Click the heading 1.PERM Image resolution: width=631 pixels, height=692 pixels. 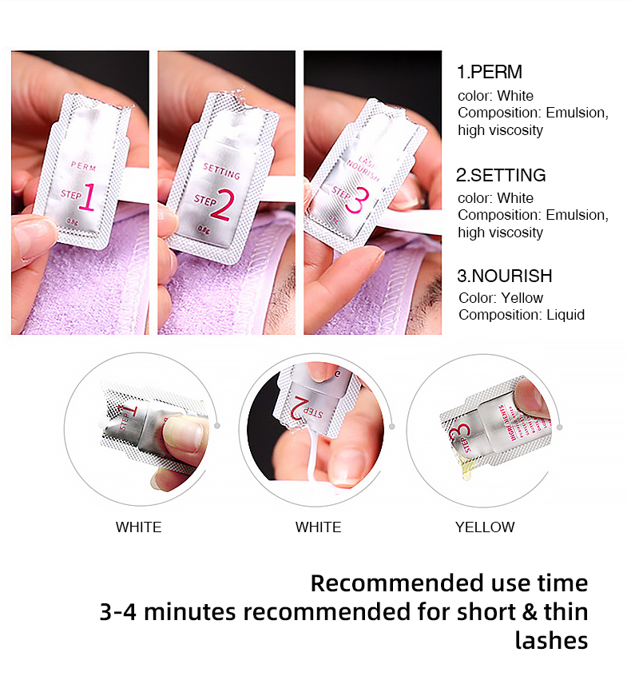[489, 72]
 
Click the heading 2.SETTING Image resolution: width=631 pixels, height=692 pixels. [501, 175]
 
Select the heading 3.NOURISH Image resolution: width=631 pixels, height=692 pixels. [504, 276]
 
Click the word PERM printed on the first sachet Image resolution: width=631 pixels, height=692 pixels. [83, 166]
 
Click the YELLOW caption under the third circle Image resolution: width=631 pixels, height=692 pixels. [485, 527]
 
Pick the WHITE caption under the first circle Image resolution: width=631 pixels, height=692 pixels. [138, 527]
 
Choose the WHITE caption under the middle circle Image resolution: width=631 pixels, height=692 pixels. [318, 527]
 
